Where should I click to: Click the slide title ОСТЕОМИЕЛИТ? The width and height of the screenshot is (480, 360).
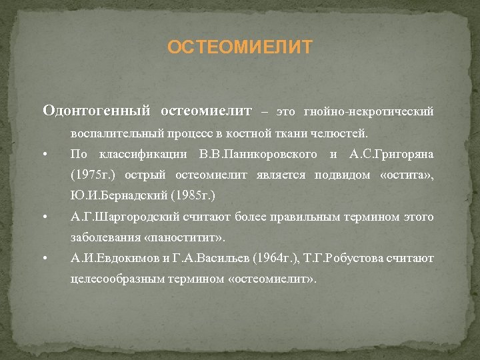point(239,48)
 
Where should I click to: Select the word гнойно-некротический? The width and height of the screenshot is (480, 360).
point(369,111)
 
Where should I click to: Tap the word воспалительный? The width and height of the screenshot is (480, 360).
point(109,133)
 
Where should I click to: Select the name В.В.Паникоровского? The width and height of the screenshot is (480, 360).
point(257,155)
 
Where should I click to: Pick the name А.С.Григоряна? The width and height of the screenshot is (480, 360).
point(391,155)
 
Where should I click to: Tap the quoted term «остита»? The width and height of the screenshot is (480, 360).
point(408,176)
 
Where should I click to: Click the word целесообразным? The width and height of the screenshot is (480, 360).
point(114,279)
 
